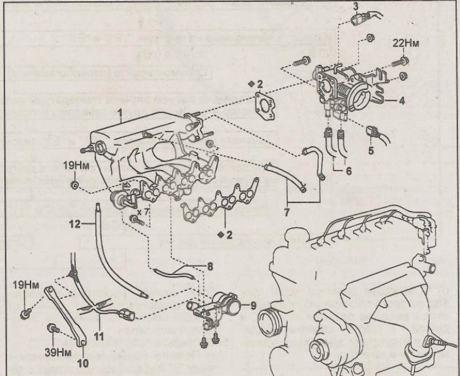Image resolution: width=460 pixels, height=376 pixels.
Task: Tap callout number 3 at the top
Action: (356, 6)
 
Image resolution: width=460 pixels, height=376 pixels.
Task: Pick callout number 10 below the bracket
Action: (84, 362)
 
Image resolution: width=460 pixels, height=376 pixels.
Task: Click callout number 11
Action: (98, 336)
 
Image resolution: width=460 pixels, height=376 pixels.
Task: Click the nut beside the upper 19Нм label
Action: (74, 184)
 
